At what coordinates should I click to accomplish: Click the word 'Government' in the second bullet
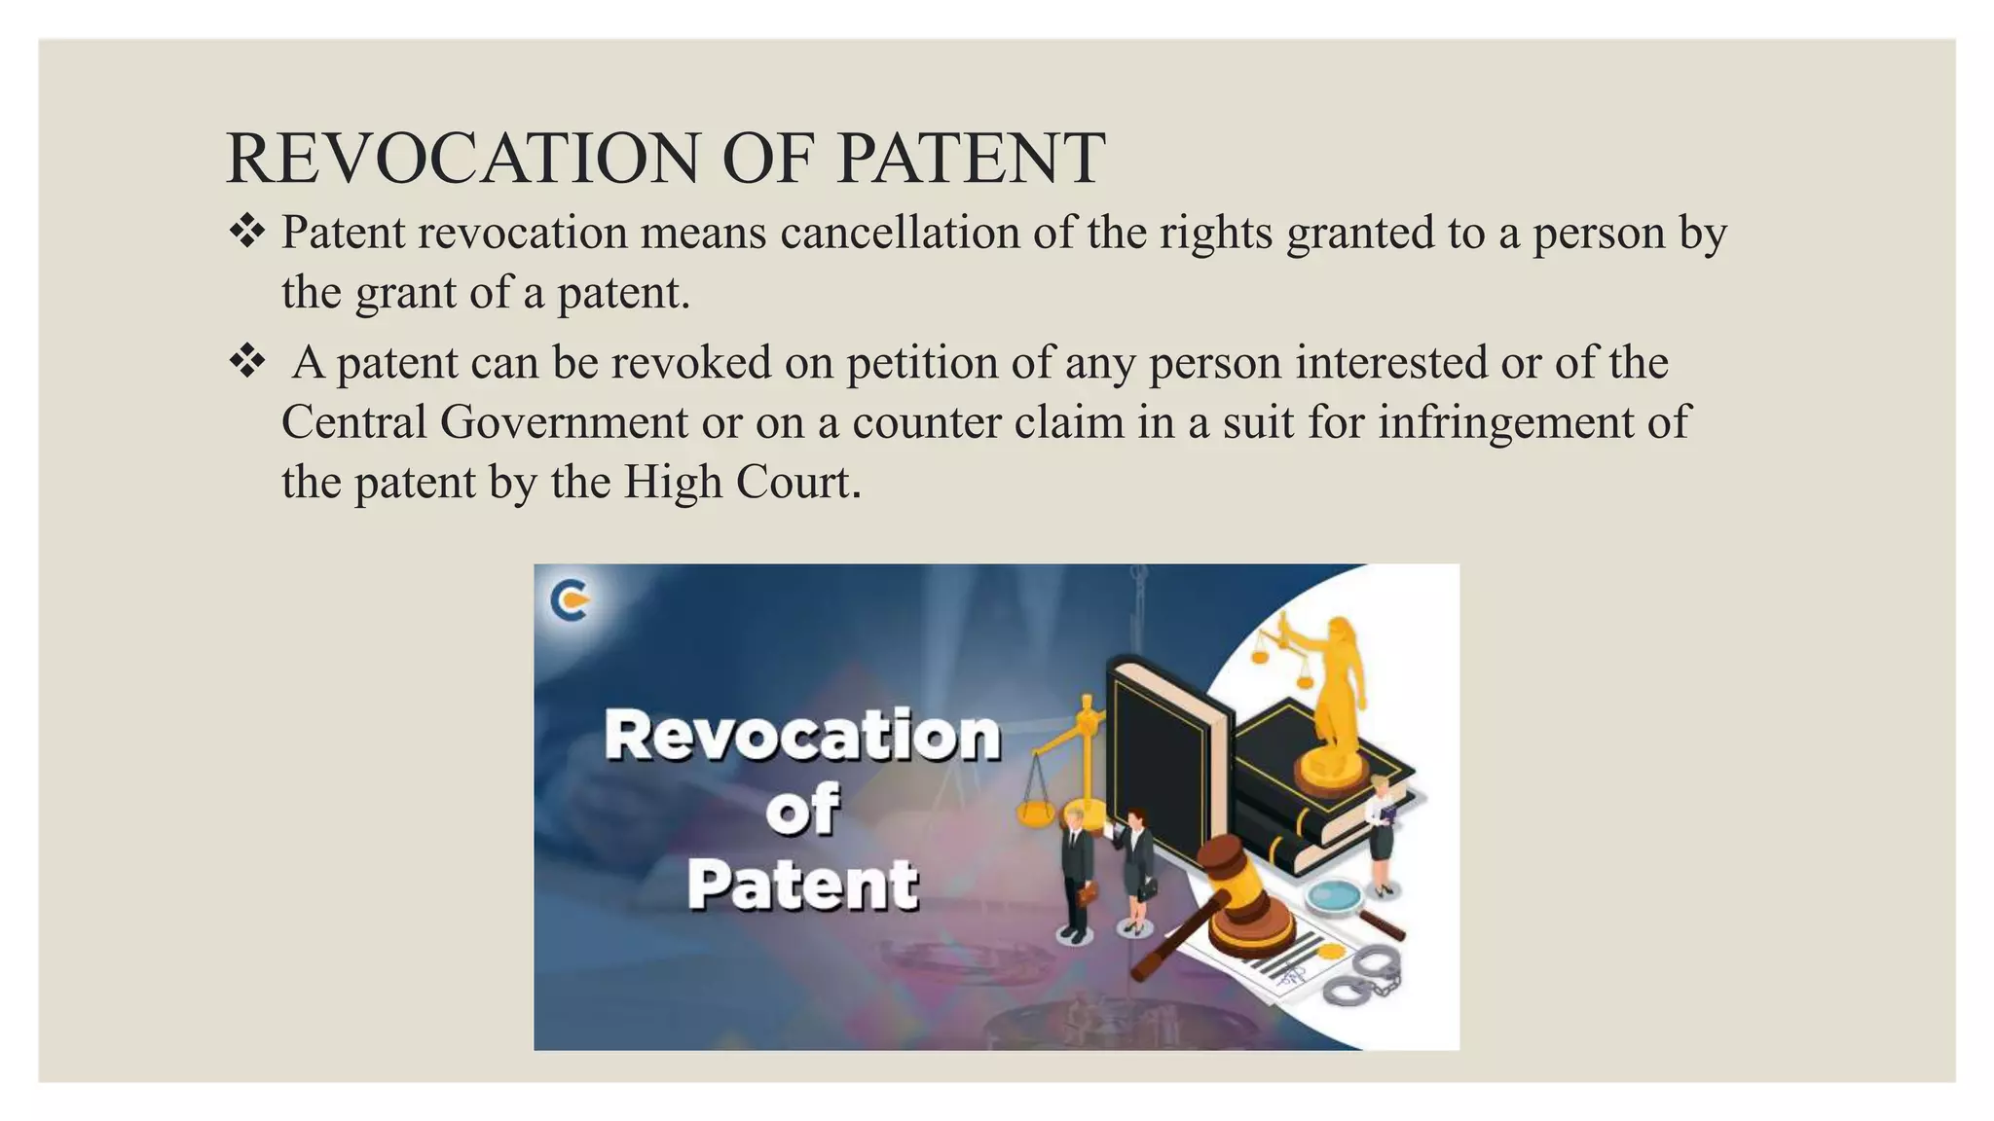[564, 422]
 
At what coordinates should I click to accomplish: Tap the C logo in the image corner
[570, 598]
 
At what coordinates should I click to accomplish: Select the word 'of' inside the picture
[801, 809]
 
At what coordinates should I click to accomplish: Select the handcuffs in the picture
[1363, 978]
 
